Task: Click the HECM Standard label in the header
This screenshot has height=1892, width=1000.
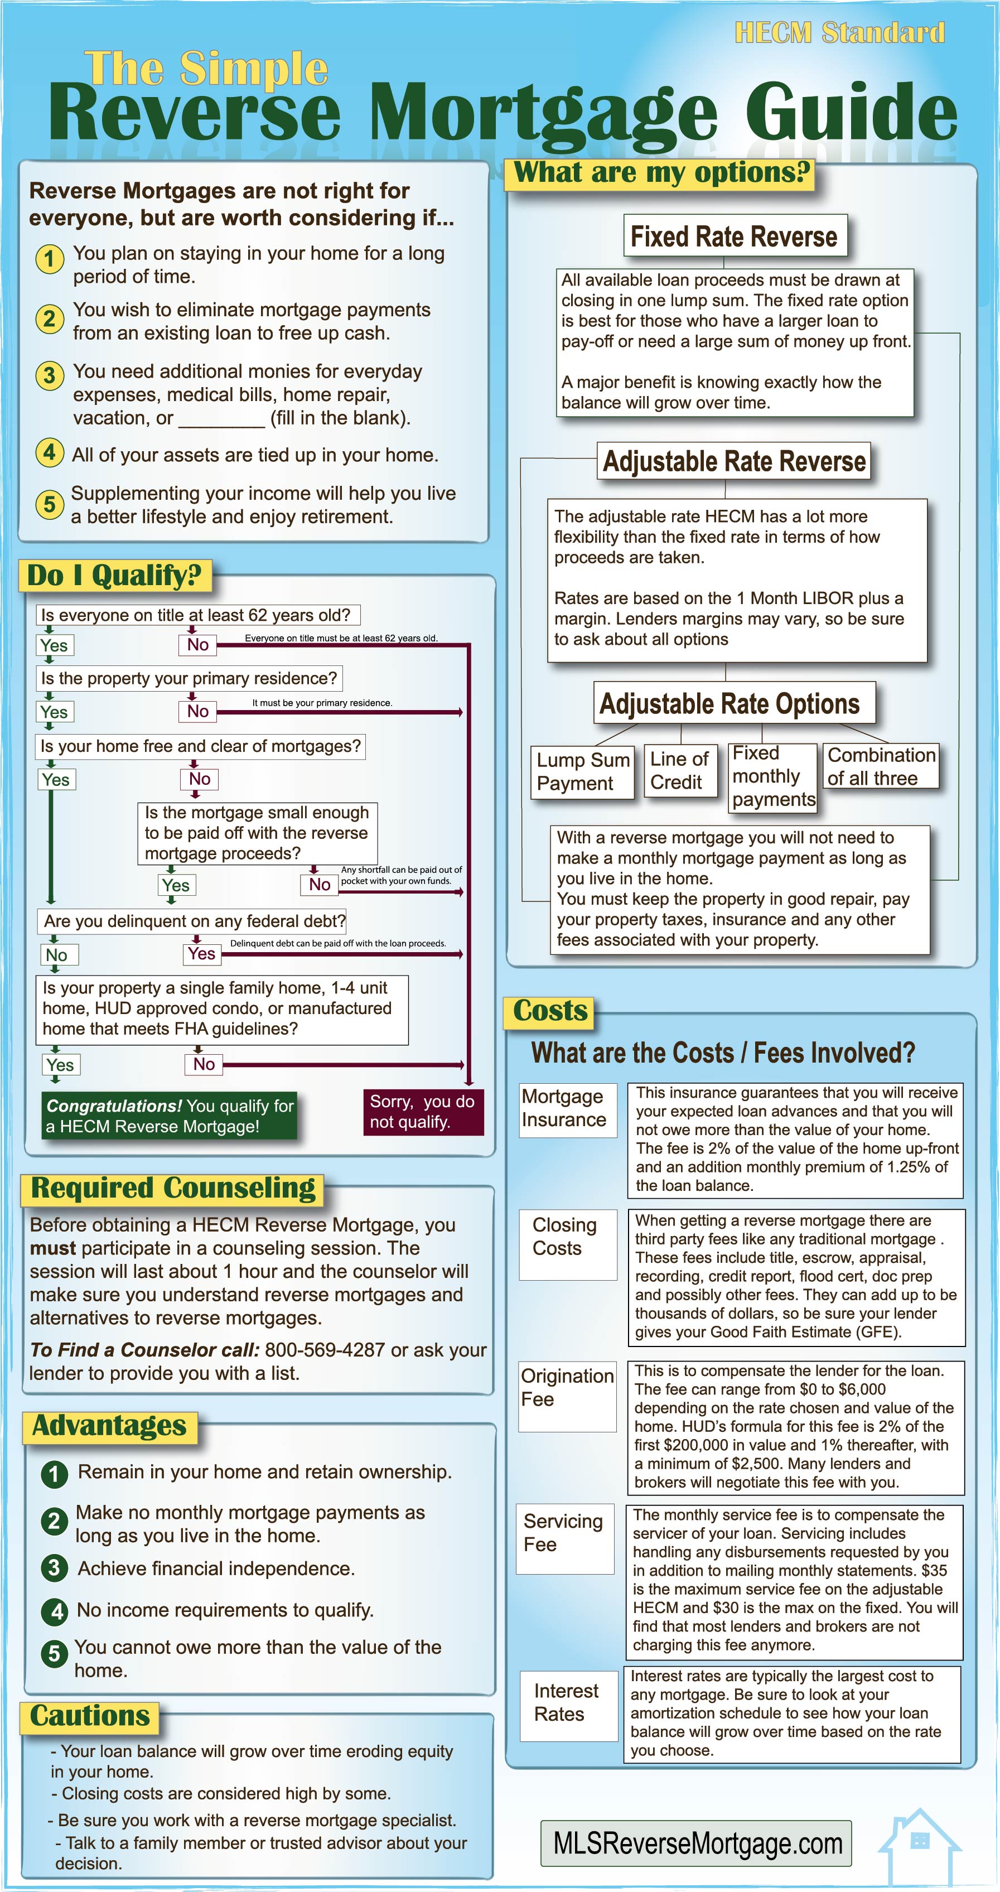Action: coord(839,33)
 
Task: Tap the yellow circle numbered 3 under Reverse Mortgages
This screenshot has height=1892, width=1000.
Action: coord(49,375)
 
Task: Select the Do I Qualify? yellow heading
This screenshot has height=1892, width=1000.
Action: coord(114,575)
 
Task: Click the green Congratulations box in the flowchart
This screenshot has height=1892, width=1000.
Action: coord(170,1116)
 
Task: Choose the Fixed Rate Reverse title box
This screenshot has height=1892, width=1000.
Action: coord(734,236)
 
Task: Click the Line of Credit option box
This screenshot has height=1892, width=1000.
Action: coord(679,770)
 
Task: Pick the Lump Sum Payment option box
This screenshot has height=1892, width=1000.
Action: coord(583,771)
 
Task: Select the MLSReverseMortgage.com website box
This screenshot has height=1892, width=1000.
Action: coord(696,1843)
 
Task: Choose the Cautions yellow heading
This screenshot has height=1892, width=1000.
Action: coord(90,1716)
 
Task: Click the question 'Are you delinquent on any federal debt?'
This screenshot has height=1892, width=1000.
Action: coord(194,921)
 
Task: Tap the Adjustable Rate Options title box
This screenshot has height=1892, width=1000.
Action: coord(730,703)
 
